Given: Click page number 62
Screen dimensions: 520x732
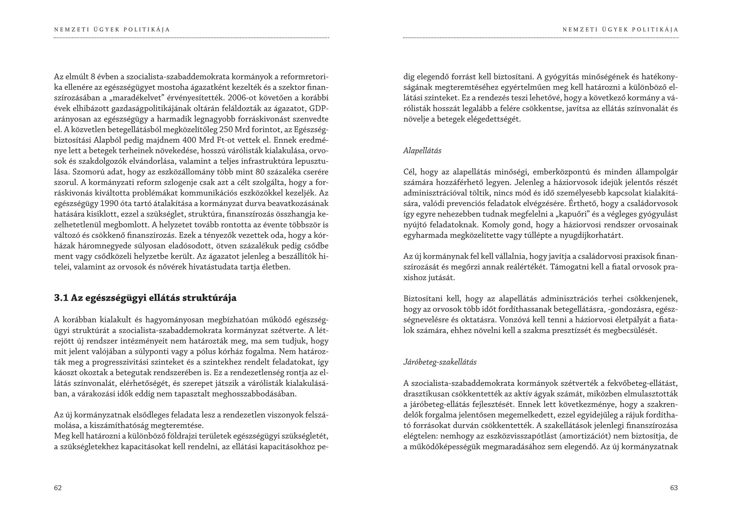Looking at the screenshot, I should click(x=58, y=488).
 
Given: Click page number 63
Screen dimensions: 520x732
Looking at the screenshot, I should click(x=674, y=488).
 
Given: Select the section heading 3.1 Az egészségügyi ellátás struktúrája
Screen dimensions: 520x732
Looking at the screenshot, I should click(x=145, y=298).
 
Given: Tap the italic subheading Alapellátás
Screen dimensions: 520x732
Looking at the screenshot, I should click(x=422, y=151).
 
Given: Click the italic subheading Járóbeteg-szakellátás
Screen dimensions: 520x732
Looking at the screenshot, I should click(x=440, y=362).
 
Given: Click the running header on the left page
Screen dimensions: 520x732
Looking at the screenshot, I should click(x=112, y=30).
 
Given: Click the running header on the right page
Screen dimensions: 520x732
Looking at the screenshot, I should click(x=620, y=30).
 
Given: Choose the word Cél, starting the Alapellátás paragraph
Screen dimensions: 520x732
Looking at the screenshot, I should click(x=410, y=172).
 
